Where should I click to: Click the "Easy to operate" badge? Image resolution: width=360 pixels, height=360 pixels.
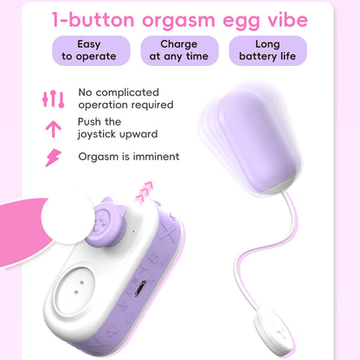point(83,50)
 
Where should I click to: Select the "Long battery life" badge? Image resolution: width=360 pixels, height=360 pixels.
point(267,50)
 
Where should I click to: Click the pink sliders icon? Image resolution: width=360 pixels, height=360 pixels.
point(53,99)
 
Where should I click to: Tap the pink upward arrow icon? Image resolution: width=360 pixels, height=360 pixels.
point(53,129)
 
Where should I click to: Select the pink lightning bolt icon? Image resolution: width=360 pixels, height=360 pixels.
point(53,157)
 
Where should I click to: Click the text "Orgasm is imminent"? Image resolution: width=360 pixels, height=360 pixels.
point(128,157)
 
